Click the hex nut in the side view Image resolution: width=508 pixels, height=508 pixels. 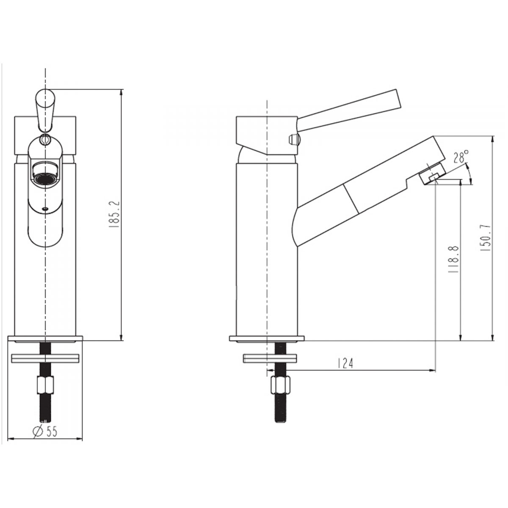click(x=280, y=385)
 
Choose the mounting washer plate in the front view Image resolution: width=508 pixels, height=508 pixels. click(x=45, y=358)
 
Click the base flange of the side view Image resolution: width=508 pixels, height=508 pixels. click(x=267, y=338)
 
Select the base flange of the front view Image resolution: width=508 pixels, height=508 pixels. click(x=45, y=339)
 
